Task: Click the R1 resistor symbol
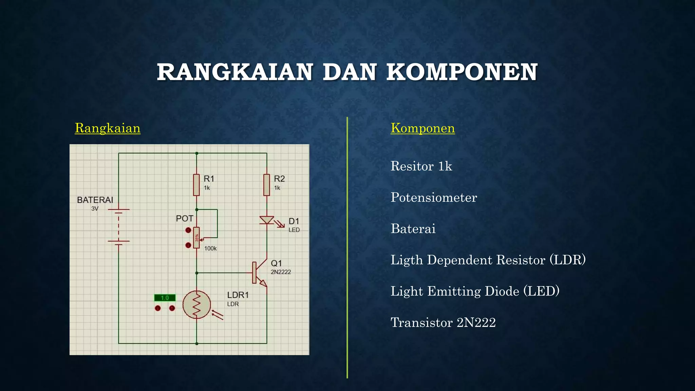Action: pos(196,185)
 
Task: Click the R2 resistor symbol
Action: pos(267,185)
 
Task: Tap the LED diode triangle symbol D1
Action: pos(267,220)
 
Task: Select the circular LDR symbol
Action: pos(196,304)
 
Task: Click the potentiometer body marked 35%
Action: pos(196,238)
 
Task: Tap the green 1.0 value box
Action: pos(165,298)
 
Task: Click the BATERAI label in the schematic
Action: pos(95,200)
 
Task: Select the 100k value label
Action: pos(210,248)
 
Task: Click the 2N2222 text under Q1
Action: pos(281,272)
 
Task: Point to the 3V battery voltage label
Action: pos(95,209)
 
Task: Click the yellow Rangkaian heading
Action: pos(108,128)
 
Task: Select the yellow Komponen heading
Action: pos(422,128)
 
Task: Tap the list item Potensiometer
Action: pos(434,198)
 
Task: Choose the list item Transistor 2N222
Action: pos(443,322)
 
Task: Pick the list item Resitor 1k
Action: pos(421,166)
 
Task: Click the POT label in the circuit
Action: pos(184,219)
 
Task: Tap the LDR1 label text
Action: pos(238,295)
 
